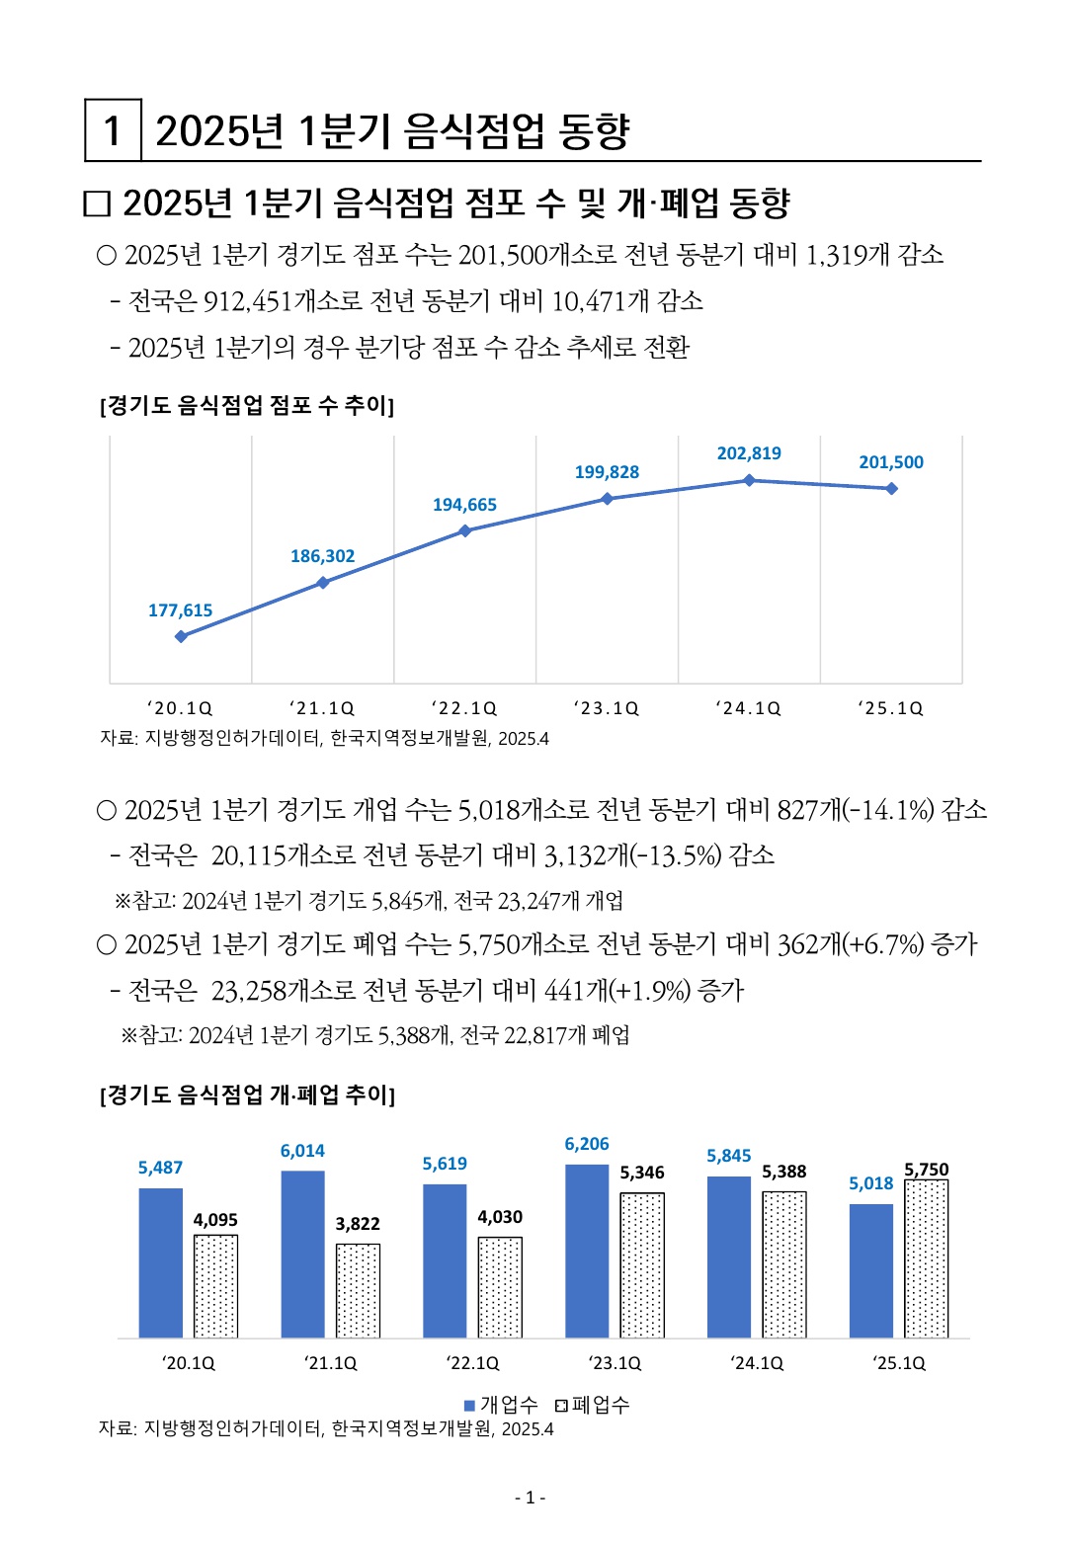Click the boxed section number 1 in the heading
(113, 130)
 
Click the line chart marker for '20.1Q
(181, 636)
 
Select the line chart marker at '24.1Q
(749, 480)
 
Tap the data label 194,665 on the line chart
(464, 505)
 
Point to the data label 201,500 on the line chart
(891, 462)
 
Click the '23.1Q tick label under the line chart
(607, 708)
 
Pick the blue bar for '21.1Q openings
(302, 1255)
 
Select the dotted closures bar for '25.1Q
(927, 1259)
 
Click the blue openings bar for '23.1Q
(587, 1252)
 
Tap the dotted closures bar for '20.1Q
(215, 1286)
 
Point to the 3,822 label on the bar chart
(358, 1224)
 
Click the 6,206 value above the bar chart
(587, 1144)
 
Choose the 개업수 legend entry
(502, 1405)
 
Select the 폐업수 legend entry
(593, 1405)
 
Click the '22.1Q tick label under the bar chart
(473, 1363)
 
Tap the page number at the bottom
(531, 1498)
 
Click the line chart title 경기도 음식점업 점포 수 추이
(247, 405)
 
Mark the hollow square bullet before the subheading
(97, 204)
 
